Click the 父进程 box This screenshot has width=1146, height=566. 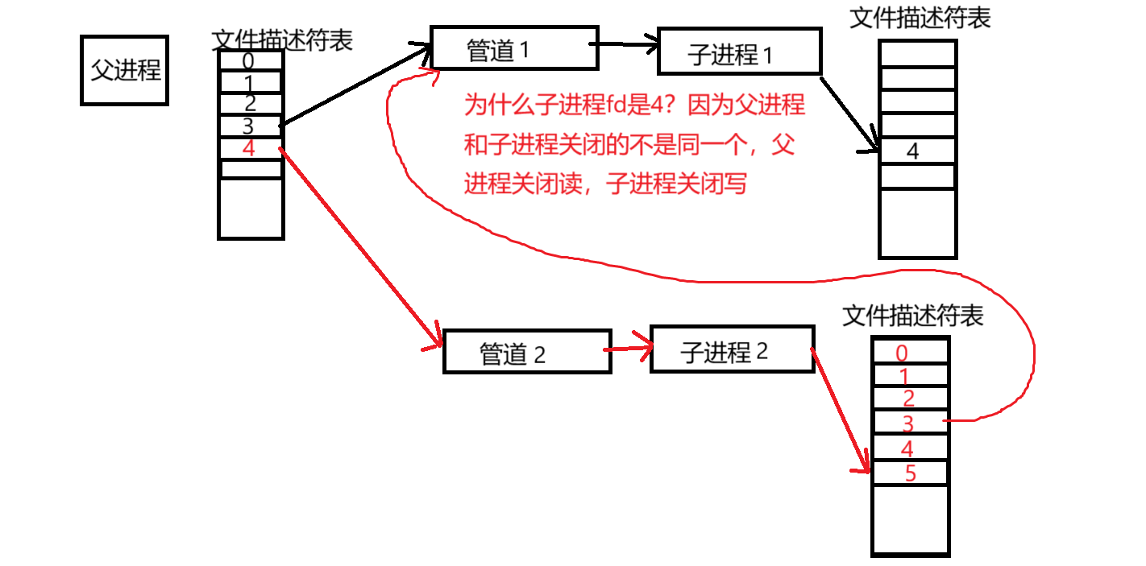[124, 70]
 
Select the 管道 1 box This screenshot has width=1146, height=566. [513, 48]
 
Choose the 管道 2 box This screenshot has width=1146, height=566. [526, 351]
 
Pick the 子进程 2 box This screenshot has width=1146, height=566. [732, 349]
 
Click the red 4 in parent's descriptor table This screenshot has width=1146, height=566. [248, 149]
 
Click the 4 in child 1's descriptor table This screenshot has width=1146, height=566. [912, 151]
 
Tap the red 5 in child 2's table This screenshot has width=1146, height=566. [911, 473]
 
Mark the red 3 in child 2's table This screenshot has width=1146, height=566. [908, 423]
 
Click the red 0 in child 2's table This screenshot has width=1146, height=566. [902, 353]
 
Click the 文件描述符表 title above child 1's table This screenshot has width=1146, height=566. [920, 19]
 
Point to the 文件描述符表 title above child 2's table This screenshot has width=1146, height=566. [913, 316]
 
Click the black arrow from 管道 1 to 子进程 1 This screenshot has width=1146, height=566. [627, 45]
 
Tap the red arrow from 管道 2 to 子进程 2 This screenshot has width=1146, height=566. [629, 349]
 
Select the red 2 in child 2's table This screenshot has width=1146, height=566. [909, 399]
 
